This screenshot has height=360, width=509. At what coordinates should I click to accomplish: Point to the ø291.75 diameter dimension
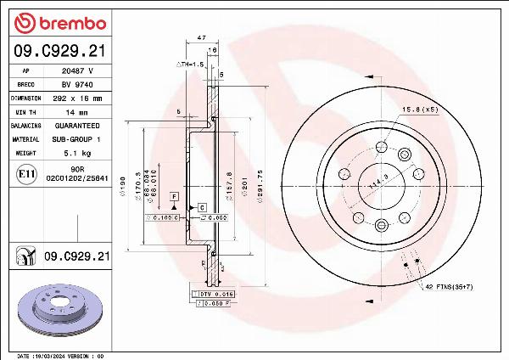click(260, 186)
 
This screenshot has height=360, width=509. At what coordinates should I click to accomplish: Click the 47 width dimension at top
click(201, 38)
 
